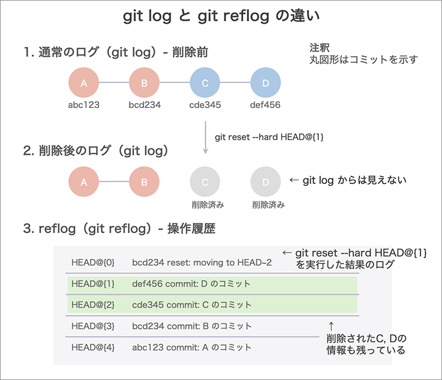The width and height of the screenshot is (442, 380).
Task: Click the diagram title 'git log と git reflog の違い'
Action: pyautogui.click(x=221, y=17)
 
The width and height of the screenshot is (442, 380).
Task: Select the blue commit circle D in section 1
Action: pyautogui.click(x=265, y=84)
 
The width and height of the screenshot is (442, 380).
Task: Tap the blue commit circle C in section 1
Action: pyautogui.click(x=205, y=84)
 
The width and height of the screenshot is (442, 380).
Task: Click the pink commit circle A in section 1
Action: pyautogui.click(x=84, y=84)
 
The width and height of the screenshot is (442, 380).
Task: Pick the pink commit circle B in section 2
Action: pyautogui.click(x=144, y=182)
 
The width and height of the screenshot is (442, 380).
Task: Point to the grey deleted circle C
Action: pyautogui.click(x=205, y=182)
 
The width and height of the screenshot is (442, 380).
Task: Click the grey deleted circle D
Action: pyautogui.click(x=265, y=182)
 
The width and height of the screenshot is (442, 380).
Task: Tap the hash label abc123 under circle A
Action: pyautogui.click(x=84, y=105)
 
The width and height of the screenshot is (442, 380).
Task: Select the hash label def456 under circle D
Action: pyautogui.click(x=265, y=105)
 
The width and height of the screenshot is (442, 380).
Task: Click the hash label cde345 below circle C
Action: pyautogui.click(x=205, y=105)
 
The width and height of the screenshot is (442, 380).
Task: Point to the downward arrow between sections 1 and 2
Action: pyautogui.click(x=205, y=138)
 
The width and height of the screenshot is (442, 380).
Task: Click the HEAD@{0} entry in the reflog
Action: pyautogui.click(x=88, y=261)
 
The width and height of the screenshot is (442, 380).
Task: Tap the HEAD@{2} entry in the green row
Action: pyautogui.click(x=88, y=305)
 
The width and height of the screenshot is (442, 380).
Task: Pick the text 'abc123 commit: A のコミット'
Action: pyautogui.click(x=192, y=348)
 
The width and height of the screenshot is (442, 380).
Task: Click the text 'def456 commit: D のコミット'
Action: pyautogui.click(x=192, y=284)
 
